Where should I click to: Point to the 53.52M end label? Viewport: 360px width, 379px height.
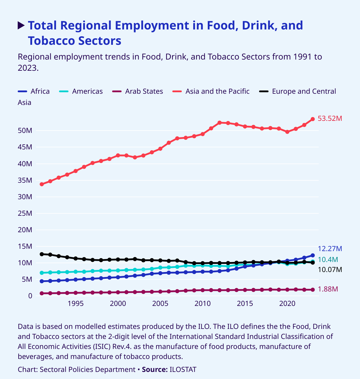coord(330,118)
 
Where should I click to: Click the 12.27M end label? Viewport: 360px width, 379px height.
coord(330,249)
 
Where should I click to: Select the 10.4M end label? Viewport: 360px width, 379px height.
coord(328,260)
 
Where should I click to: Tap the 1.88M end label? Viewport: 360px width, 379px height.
coord(328,289)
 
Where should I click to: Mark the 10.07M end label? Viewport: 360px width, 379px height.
coord(330,270)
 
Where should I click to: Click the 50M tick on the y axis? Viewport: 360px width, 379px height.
coord(25,131)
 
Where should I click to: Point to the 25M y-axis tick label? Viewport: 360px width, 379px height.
coord(25,213)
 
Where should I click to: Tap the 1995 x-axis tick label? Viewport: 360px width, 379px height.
coord(76,304)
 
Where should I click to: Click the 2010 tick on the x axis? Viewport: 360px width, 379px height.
coord(202,304)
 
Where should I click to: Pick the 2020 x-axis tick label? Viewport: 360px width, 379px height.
coord(287,304)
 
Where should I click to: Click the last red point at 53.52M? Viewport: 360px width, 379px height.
coord(313,119)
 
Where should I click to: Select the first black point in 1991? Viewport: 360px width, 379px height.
coord(42,254)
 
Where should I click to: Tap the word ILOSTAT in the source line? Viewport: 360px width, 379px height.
coord(183,370)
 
